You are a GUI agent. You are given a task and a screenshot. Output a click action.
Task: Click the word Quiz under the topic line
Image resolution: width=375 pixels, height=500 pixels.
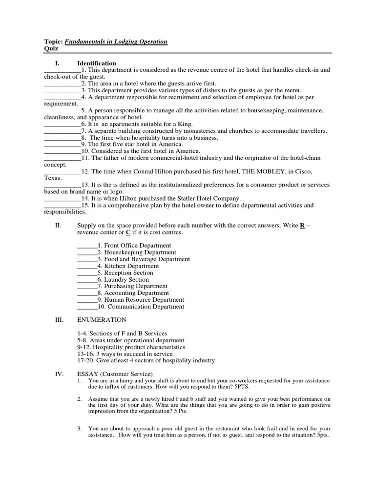51,49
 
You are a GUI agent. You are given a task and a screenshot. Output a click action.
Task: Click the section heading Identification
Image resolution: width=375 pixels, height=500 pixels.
96,63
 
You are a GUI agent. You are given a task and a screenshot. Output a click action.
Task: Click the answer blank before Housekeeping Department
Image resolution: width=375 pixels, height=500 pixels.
87,252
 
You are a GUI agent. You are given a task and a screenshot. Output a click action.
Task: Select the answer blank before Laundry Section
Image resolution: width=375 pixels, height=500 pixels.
87,280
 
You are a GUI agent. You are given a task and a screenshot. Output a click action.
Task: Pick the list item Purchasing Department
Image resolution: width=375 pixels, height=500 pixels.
135,286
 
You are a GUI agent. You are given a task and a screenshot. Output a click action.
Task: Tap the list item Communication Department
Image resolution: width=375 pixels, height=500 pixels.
146,307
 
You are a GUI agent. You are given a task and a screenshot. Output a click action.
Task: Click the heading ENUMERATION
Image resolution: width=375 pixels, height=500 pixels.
102,320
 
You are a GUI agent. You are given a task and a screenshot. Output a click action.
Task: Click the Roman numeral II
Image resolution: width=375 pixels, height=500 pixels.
58,226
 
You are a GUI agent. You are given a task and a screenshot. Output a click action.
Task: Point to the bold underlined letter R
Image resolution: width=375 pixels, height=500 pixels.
302,226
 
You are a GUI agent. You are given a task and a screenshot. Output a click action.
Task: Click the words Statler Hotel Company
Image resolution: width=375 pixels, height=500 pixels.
209,199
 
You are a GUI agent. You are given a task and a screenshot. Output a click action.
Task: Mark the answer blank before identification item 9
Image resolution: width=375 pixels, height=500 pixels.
62,145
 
